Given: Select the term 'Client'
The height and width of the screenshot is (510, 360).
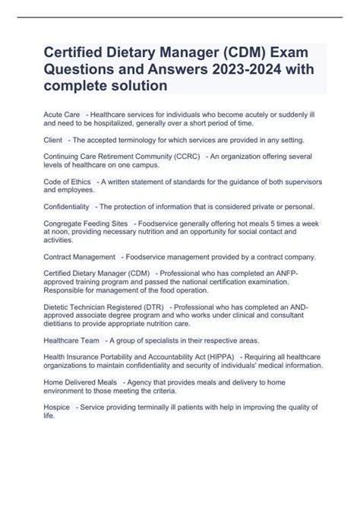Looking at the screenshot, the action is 53,140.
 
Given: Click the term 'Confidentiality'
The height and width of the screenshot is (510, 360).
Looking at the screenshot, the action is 68,207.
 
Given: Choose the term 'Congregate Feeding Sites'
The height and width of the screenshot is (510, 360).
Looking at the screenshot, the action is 86,223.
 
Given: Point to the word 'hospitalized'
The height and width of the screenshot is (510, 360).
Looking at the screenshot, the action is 128,122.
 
